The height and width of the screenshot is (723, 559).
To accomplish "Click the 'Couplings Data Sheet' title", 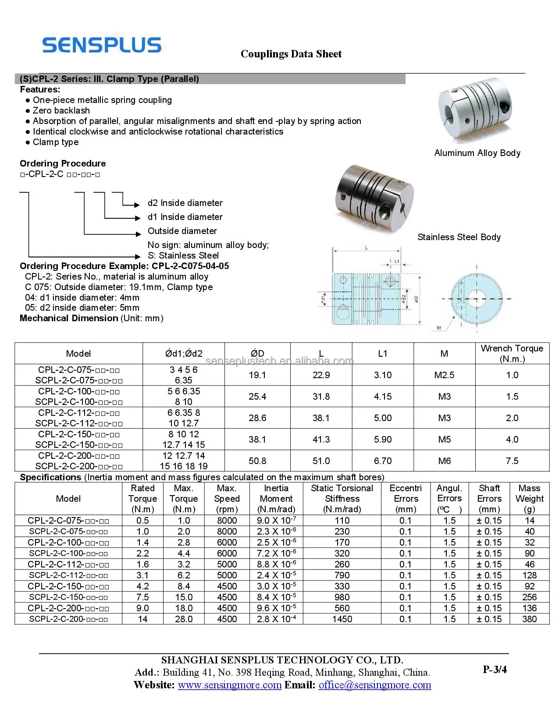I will [291, 54].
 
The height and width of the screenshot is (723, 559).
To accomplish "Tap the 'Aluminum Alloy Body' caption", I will [477, 153].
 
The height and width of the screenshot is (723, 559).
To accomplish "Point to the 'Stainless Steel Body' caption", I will [459, 237].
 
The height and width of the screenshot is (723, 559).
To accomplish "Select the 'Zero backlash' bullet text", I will [61, 110].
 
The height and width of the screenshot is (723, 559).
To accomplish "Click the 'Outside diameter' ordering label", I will [182, 231].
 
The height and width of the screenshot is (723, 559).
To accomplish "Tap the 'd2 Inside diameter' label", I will [185, 203].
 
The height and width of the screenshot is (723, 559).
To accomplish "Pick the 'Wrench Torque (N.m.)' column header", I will [512, 353].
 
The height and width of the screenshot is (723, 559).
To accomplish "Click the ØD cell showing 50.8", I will [257, 461].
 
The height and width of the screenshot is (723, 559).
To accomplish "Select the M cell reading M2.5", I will [444, 375].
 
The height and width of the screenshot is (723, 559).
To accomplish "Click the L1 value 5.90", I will [382, 439].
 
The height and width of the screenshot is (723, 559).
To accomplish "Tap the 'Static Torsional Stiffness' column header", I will [342, 499].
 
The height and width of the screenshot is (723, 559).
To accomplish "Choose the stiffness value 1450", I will [342, 619].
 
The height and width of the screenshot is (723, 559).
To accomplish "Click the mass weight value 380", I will [529, 619].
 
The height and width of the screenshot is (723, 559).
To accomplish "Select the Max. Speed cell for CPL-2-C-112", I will [227, 564].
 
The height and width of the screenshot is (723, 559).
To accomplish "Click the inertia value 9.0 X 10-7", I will [276, 521].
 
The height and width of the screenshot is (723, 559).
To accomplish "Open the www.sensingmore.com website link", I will [229, 685].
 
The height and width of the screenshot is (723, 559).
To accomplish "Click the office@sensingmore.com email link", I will [374, 685].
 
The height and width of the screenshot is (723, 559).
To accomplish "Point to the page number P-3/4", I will [495, 669].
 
